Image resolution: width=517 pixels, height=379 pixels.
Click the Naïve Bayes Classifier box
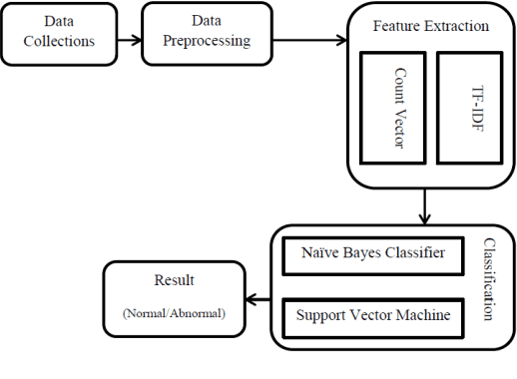click(x=371, y=255)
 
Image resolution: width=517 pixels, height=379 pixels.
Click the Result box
click(x=174, y=296)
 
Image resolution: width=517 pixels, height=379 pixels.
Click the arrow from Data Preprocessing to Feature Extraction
click(x=309, y=41)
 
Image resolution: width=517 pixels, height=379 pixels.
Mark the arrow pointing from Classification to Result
click(x=258, y=298)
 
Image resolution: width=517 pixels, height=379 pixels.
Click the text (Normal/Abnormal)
click(x=175, y=312)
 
